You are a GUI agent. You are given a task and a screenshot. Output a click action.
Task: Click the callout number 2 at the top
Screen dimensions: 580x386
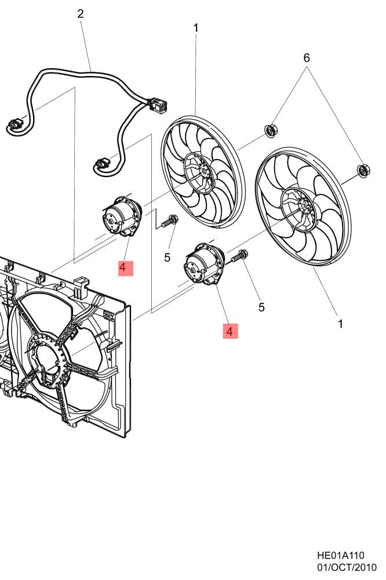click(81, 14)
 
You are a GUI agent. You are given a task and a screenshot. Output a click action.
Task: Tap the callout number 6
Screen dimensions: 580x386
click(307, 57)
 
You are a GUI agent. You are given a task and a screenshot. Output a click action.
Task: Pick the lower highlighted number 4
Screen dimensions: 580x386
click(230, 331)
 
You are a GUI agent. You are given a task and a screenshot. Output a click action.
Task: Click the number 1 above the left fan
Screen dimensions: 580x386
click(196, 27)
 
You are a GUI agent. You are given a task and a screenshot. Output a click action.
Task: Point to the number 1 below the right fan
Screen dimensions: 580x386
click(340, 324)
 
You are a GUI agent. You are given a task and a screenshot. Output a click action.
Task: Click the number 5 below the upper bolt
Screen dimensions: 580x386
click(167, 258)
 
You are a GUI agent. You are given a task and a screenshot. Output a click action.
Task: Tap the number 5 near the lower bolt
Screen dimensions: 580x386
click(261, 307)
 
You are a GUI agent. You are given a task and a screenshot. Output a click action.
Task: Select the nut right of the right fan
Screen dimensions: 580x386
click(363, 170)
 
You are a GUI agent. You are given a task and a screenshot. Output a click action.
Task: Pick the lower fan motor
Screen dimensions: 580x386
click(203, 264)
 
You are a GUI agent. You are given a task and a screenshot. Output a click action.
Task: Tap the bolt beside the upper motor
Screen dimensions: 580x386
click(171, 220)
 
